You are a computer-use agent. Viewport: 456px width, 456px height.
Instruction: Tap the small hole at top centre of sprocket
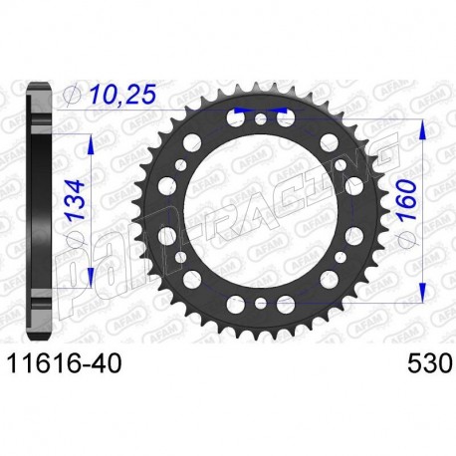(260, 119)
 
